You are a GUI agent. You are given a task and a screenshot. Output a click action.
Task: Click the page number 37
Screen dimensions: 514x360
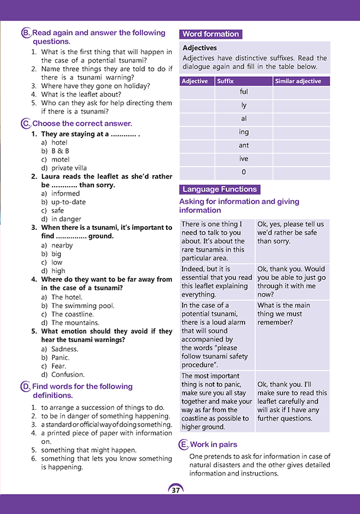(x=176, y=490)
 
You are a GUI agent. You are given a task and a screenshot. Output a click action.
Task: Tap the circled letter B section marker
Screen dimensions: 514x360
(x=25, y=34)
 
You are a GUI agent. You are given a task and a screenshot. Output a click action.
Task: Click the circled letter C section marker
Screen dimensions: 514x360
(x=25, y=123)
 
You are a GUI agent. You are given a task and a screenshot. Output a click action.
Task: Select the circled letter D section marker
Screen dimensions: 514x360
(x=25, y=386)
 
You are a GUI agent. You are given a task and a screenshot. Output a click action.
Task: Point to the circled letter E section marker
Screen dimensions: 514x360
(x=183, y=445)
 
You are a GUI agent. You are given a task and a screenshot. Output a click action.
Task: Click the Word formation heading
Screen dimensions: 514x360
(x=210, y=34)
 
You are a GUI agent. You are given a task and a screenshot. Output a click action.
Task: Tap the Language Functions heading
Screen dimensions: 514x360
(x=219, y=190)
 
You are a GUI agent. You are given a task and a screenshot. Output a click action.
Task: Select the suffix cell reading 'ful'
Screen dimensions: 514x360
(x=244, y=92)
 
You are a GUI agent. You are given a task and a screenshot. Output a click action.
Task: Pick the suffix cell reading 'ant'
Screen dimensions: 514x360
(x=244, y=145)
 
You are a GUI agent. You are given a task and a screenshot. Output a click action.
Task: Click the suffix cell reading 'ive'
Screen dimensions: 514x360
(x=244, y=159)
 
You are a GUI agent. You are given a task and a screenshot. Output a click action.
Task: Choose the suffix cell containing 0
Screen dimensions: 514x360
(x=244, y=173)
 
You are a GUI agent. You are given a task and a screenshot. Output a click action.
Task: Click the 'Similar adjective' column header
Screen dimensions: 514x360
(x=298, y=81)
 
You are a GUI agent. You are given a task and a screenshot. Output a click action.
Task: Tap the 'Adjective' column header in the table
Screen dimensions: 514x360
(x=195, y=81)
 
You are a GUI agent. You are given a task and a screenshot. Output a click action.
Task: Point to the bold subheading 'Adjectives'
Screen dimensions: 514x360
(x=200, y=48)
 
